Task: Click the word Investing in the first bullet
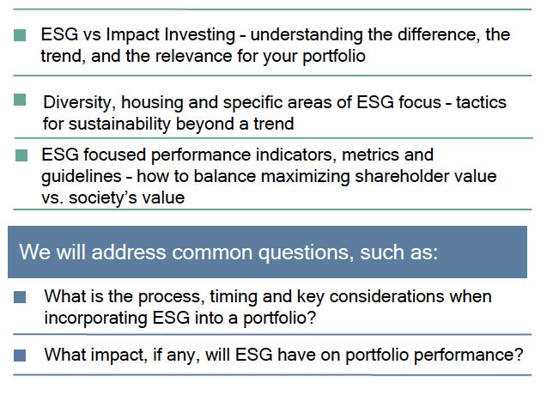[x=200, y=35]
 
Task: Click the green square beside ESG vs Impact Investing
[x=20, y=35]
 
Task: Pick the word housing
[x=152, y=103]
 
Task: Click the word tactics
[x=481, y=102]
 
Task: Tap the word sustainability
[x=119, y=125]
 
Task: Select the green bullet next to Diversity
[x=20, y=100]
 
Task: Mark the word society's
[x=103, y=197]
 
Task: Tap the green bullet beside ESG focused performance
[x=21, y=155]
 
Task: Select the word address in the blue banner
[x=129, y=252]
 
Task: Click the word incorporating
[x=96, y=318]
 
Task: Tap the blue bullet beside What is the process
[x=20, y=297]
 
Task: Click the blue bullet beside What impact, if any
[x=20, y=355]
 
